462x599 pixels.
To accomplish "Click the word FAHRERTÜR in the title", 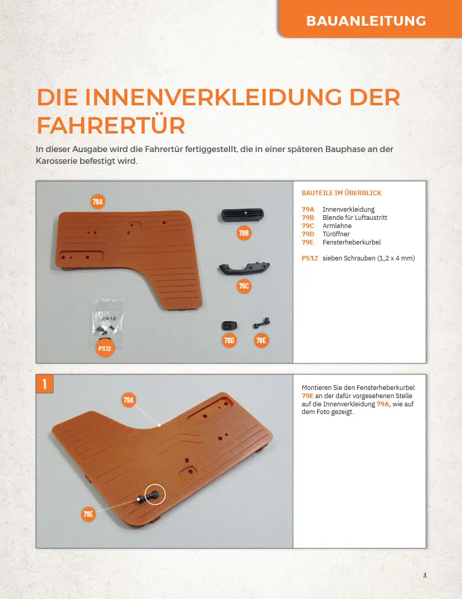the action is (x=111, y=125).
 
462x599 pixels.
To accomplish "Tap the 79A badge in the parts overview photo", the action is (x=98, y=202).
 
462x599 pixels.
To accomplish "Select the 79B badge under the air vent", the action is (x=244, y=233).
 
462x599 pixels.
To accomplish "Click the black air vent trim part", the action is (x=242, y=215).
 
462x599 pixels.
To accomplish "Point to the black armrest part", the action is (x=244, y=268).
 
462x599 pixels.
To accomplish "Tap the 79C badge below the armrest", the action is (x=244, y=286).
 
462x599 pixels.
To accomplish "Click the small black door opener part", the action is (x=229, y=326).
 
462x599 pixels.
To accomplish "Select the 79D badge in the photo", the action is (x=229, y=341).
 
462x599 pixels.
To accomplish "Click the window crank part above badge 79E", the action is (x=262, y=323).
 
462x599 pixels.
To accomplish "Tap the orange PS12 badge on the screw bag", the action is (x=105, y=348).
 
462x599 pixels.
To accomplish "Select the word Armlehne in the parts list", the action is (x=337, y=226).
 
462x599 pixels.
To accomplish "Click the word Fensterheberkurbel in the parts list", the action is (x=352, y=242).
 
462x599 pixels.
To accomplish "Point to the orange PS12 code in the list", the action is (x=310, y=258).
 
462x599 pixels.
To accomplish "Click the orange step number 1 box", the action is (x=45, y=384).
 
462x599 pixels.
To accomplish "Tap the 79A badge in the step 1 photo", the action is (x=128, y=400).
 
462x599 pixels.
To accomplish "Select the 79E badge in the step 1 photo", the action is (x=88, y=514).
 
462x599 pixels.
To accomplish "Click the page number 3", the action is (x=425, y=575).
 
